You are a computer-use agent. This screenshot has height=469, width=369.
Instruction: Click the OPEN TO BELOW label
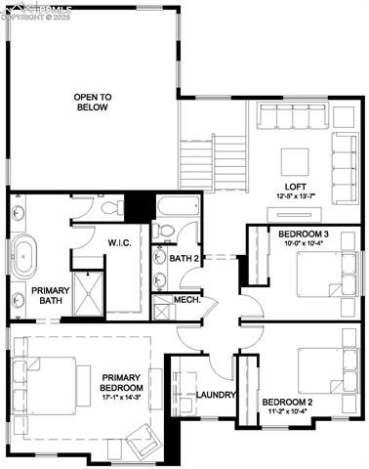(x=92, y=102)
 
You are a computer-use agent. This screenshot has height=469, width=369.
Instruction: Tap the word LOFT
(x=296, y=186)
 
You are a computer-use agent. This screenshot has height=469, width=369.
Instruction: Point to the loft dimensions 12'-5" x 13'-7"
(x=296, y=196)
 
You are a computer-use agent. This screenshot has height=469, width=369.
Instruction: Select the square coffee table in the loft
(x=296, y=159)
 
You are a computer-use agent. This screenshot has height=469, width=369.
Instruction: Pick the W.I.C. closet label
(x=119, y=242)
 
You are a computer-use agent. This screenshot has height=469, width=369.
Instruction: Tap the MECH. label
(x=186, y=300)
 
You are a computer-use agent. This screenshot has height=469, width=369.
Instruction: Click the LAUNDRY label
(x=212, y=395)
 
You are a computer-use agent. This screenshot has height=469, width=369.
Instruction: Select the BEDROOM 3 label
(x=303, y=234)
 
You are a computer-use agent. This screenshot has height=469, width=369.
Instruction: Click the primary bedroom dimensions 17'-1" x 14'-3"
(x=120, y=397)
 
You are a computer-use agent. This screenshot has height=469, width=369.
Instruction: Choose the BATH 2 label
(x=184, y=259)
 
